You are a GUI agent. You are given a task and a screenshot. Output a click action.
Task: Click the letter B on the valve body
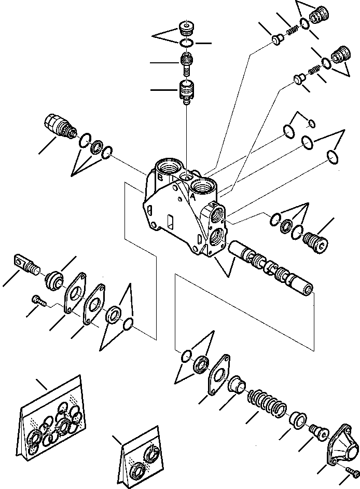[160, 177]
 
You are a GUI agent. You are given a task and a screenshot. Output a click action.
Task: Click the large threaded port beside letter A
[203, 186]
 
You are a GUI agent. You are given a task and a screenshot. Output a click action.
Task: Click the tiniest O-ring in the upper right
[311, 123]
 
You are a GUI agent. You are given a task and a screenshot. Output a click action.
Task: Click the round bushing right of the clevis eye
[54, 281]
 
